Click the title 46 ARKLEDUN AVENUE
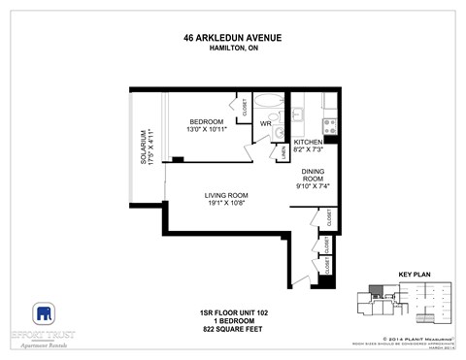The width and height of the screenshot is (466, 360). coord(232,39)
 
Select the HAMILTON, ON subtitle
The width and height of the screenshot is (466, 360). coord(232,49)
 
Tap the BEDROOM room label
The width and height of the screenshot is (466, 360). coord(205,121)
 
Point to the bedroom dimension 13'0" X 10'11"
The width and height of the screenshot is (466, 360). coord(205,130)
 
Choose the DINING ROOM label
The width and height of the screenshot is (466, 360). coord(312,176)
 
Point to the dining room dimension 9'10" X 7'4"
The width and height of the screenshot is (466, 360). coord(312,187)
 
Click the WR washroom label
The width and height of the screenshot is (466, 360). coord(264,124)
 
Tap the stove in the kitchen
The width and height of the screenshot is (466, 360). coord(329,124)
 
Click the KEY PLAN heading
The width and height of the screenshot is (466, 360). coord(414,276)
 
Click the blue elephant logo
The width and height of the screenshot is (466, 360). coord(43,313)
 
